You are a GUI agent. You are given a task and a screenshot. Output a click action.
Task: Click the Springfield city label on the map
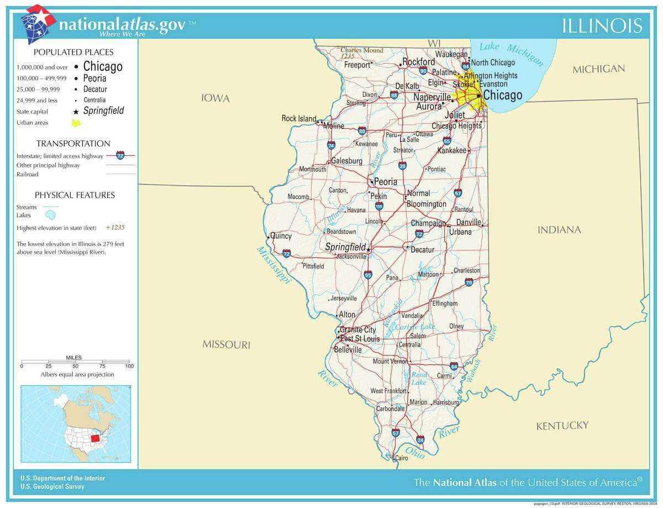[345, 247]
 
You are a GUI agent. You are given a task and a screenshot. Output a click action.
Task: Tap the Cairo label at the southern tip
[401, 458]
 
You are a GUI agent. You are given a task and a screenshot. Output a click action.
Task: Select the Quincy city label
[281, 236]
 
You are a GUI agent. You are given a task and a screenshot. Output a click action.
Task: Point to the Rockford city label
[418, 62]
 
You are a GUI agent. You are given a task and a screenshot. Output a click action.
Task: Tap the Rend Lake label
[419, 379]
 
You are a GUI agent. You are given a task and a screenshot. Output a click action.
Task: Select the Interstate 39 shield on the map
[402, 166]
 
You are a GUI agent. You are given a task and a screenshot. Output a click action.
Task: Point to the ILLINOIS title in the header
[602, 25]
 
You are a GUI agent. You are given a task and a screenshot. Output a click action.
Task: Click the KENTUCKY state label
[562, 425]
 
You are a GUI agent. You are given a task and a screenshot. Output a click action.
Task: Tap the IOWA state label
[215, 98]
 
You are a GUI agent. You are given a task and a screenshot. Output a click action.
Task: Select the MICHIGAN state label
[598, 69]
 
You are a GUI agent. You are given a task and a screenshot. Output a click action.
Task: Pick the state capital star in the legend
[76, 111]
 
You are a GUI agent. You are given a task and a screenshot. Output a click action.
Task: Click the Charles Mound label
[362, 50]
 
